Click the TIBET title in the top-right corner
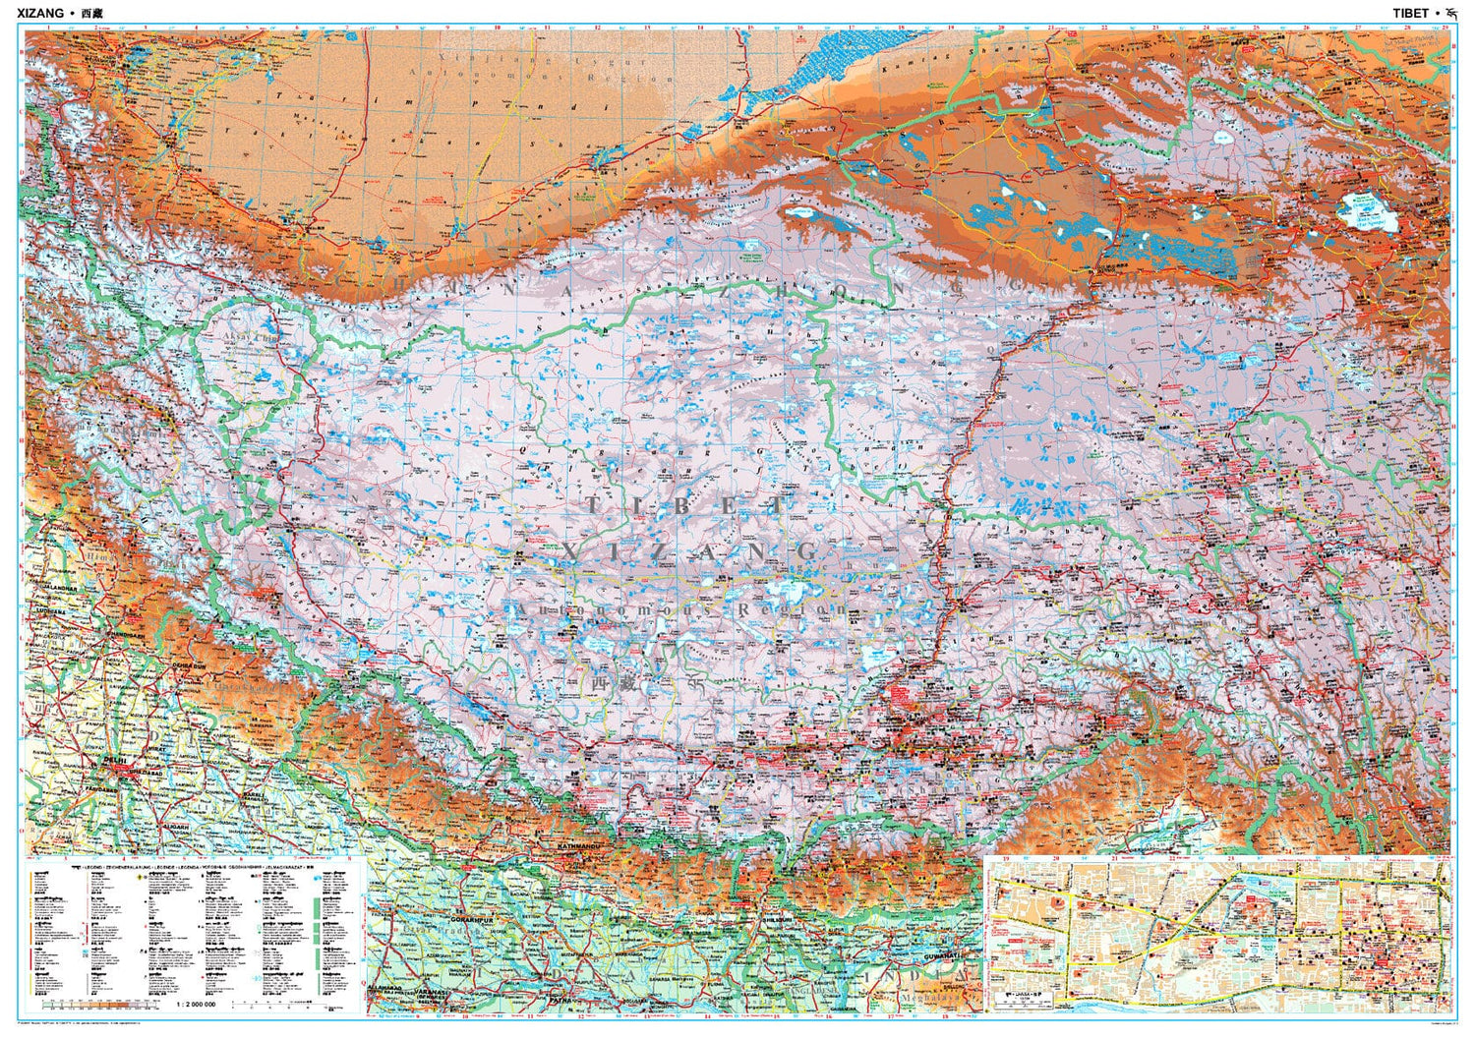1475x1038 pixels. [1412, 14]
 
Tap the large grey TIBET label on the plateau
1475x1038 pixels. [686, 505]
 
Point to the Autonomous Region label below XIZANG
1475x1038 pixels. [678, 609]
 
